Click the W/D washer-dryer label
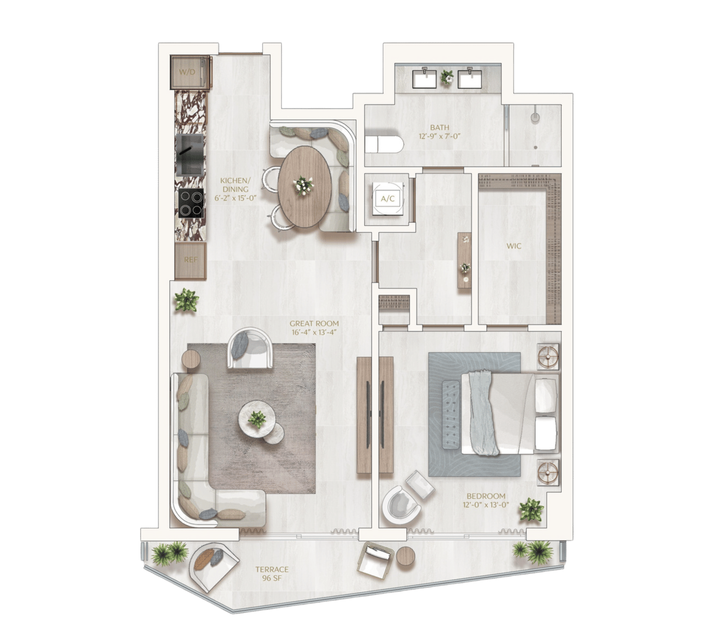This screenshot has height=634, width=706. (187, 73)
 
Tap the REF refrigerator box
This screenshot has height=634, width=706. (190, 261)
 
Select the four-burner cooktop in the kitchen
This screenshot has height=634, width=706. (191, 203)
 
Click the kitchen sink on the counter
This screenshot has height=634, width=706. (190, 154)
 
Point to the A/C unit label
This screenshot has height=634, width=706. (388, 199)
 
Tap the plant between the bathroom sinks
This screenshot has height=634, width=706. (448, 77)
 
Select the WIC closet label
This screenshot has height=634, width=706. (514, 246)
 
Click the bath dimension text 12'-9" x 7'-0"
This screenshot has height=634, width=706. (439, 136)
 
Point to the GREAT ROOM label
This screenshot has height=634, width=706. (314, 323)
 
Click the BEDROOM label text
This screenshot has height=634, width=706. (486, 496)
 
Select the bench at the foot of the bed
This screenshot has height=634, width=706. (451, 416)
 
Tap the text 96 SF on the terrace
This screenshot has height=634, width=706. (272, 578)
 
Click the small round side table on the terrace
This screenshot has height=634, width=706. (405, 557)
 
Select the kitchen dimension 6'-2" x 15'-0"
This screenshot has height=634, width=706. (236, 198)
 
